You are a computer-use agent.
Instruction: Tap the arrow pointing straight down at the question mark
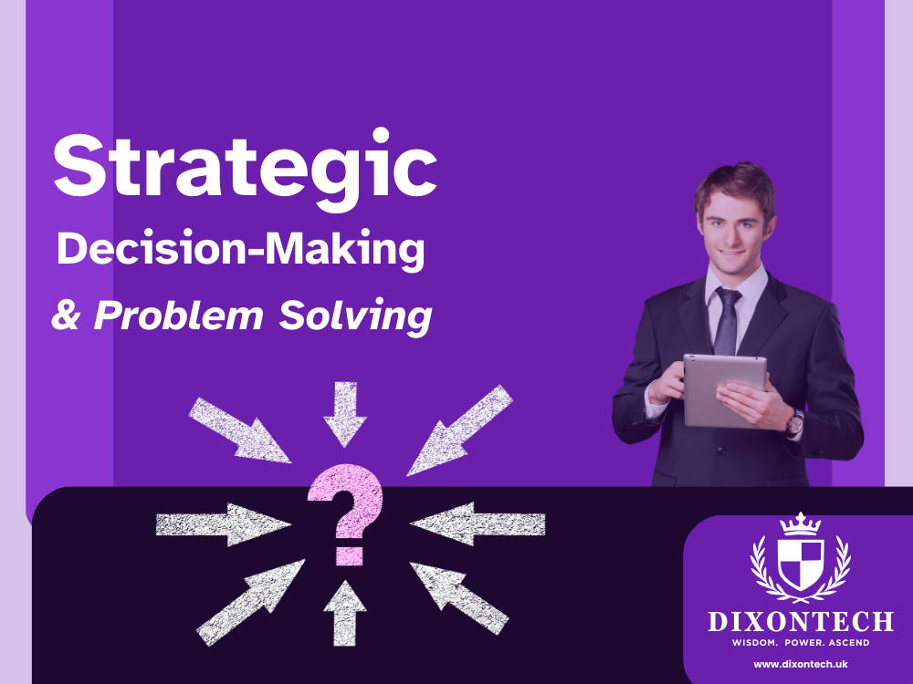[x=344, y=413]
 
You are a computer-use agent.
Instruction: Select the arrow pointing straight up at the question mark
[x=344, y=612]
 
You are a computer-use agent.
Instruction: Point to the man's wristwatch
[x=796, y=421]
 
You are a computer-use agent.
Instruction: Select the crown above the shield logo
[x=800, y=523]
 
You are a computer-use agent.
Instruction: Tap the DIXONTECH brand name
[x=800, y=623]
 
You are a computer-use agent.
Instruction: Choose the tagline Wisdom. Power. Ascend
[x=800, y=643]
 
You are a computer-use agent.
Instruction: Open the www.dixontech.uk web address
[x=800, y=664]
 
